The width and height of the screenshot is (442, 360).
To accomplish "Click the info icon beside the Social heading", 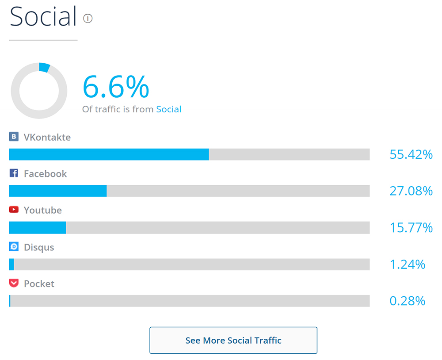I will [x=88, y=19].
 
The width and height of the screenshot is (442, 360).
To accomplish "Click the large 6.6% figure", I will [x=116, y=87].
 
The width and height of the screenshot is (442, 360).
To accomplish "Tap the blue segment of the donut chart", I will [x=44, y=67].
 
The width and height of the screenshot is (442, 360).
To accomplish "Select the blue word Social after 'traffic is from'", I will [x=169, y=109].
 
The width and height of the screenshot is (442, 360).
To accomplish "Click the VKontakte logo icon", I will [x=14, y=137].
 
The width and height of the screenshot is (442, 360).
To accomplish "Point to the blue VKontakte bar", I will [x=109, y=154].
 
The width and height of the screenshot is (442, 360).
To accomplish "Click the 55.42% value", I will [x=411, y=154].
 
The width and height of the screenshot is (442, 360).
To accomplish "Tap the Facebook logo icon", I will [x=14, y=173].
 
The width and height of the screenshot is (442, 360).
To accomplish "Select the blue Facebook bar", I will [x=58, y=191].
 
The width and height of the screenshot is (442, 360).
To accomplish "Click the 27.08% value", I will [x=411, y=191].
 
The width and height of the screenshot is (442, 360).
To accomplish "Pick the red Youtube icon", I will [x=14, y=210].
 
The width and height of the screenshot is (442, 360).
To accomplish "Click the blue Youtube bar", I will [x=38, y=228].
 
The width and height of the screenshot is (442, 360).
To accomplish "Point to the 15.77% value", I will [x=411, y=228].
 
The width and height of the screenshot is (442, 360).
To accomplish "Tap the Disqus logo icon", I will [x=14, y=246].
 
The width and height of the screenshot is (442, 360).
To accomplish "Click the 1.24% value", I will [x=407, y=264].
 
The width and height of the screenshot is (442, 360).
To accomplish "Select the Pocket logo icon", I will [x=14, y=283].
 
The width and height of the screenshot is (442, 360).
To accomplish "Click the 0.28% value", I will [x=407, y=301].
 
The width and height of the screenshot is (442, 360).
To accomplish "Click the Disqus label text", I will [x=39, y=247].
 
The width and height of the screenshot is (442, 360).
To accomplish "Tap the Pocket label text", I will [x=39, y=284].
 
